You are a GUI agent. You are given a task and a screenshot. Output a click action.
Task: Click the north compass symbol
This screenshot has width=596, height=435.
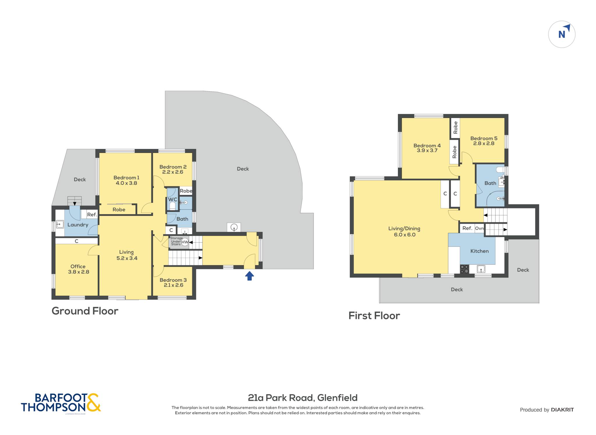[x=562, y=34]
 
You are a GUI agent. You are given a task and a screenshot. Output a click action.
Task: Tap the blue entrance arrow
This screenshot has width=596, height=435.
[x=249, y=276]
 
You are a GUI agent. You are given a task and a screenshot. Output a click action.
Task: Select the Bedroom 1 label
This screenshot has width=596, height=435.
[x=126, y=178]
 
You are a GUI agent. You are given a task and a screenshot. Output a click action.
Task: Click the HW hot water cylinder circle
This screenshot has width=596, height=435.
[x=185, y=242]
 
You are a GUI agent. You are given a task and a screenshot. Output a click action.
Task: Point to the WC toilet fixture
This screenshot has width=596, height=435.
[x=172, y=206]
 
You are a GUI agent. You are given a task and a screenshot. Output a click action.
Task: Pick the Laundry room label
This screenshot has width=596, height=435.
[x=78, y=225]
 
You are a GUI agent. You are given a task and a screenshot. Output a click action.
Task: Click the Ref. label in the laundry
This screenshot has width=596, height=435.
[x=92, y=215]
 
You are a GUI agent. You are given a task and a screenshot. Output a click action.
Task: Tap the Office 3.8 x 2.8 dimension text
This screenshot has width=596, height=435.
[x=79, y=272]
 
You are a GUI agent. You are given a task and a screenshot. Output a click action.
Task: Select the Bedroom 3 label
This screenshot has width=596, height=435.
[x=173, y=280]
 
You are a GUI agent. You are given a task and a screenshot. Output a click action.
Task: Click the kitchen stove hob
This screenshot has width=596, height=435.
[x=464, y=269]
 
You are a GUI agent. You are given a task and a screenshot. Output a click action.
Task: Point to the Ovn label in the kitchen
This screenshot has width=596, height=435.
[x=479, y=228]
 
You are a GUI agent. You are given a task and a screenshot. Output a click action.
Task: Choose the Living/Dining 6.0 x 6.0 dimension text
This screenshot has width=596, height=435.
[x=405, y=235]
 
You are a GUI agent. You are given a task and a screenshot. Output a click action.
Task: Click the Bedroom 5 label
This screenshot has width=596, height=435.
[x=484, y=138]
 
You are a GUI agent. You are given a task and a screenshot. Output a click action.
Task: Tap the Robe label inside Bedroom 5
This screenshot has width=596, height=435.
[x=455, y=127]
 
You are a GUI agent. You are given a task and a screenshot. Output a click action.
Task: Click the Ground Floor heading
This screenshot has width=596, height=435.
[x=85, y=311]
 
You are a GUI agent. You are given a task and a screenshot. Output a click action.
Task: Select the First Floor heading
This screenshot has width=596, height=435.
[x=374, y=316]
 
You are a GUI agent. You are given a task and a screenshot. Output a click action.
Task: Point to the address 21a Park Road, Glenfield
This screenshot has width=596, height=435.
[x=303, y=398]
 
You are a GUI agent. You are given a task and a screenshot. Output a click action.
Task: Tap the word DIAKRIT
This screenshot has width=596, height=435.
[x=562, y=410]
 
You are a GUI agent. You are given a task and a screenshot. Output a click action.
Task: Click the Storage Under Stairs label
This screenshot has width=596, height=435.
[x=176, y=241]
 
